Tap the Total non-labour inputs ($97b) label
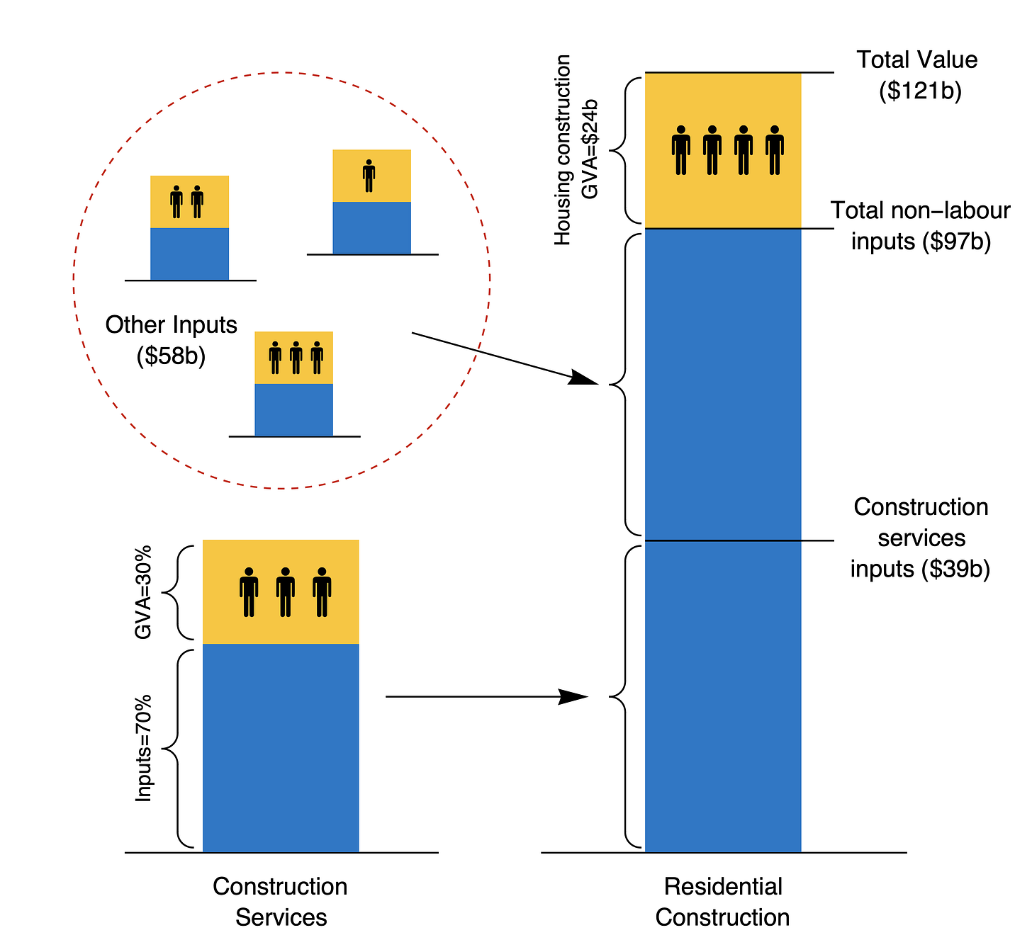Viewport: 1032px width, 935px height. pos(920,226)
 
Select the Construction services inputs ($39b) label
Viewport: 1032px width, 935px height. pos(920,538)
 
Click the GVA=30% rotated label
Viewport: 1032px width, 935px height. pos(144,592)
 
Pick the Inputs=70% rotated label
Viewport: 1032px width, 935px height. pos(144,748)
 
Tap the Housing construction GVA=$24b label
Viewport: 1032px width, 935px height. pos(575,150)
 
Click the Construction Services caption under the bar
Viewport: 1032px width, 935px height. pos(281,902)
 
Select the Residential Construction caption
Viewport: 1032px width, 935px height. pos(722,902)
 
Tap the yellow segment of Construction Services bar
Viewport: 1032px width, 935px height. pos(281,592)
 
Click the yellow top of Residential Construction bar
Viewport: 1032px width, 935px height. pos(723,191)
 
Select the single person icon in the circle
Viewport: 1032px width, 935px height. pos(369,176)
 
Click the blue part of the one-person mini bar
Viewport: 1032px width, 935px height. pos(371,228)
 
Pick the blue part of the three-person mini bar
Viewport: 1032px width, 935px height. pos(293,410)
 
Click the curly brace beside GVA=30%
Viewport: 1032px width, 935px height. pos(174,592)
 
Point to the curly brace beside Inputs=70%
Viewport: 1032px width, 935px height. pos(174,748)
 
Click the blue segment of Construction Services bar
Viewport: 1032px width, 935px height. pos(281,748)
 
